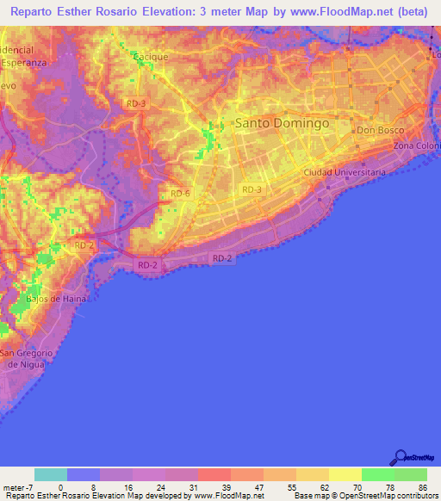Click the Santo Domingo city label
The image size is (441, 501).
point(283,124)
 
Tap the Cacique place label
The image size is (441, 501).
point(151,57)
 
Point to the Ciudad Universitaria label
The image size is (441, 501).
point(345,172)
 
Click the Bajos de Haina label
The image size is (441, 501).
point(56,299)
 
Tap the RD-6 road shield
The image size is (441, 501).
point(180,194)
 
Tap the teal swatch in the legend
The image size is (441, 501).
point(51,474)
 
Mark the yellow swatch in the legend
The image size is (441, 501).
point(345,474)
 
